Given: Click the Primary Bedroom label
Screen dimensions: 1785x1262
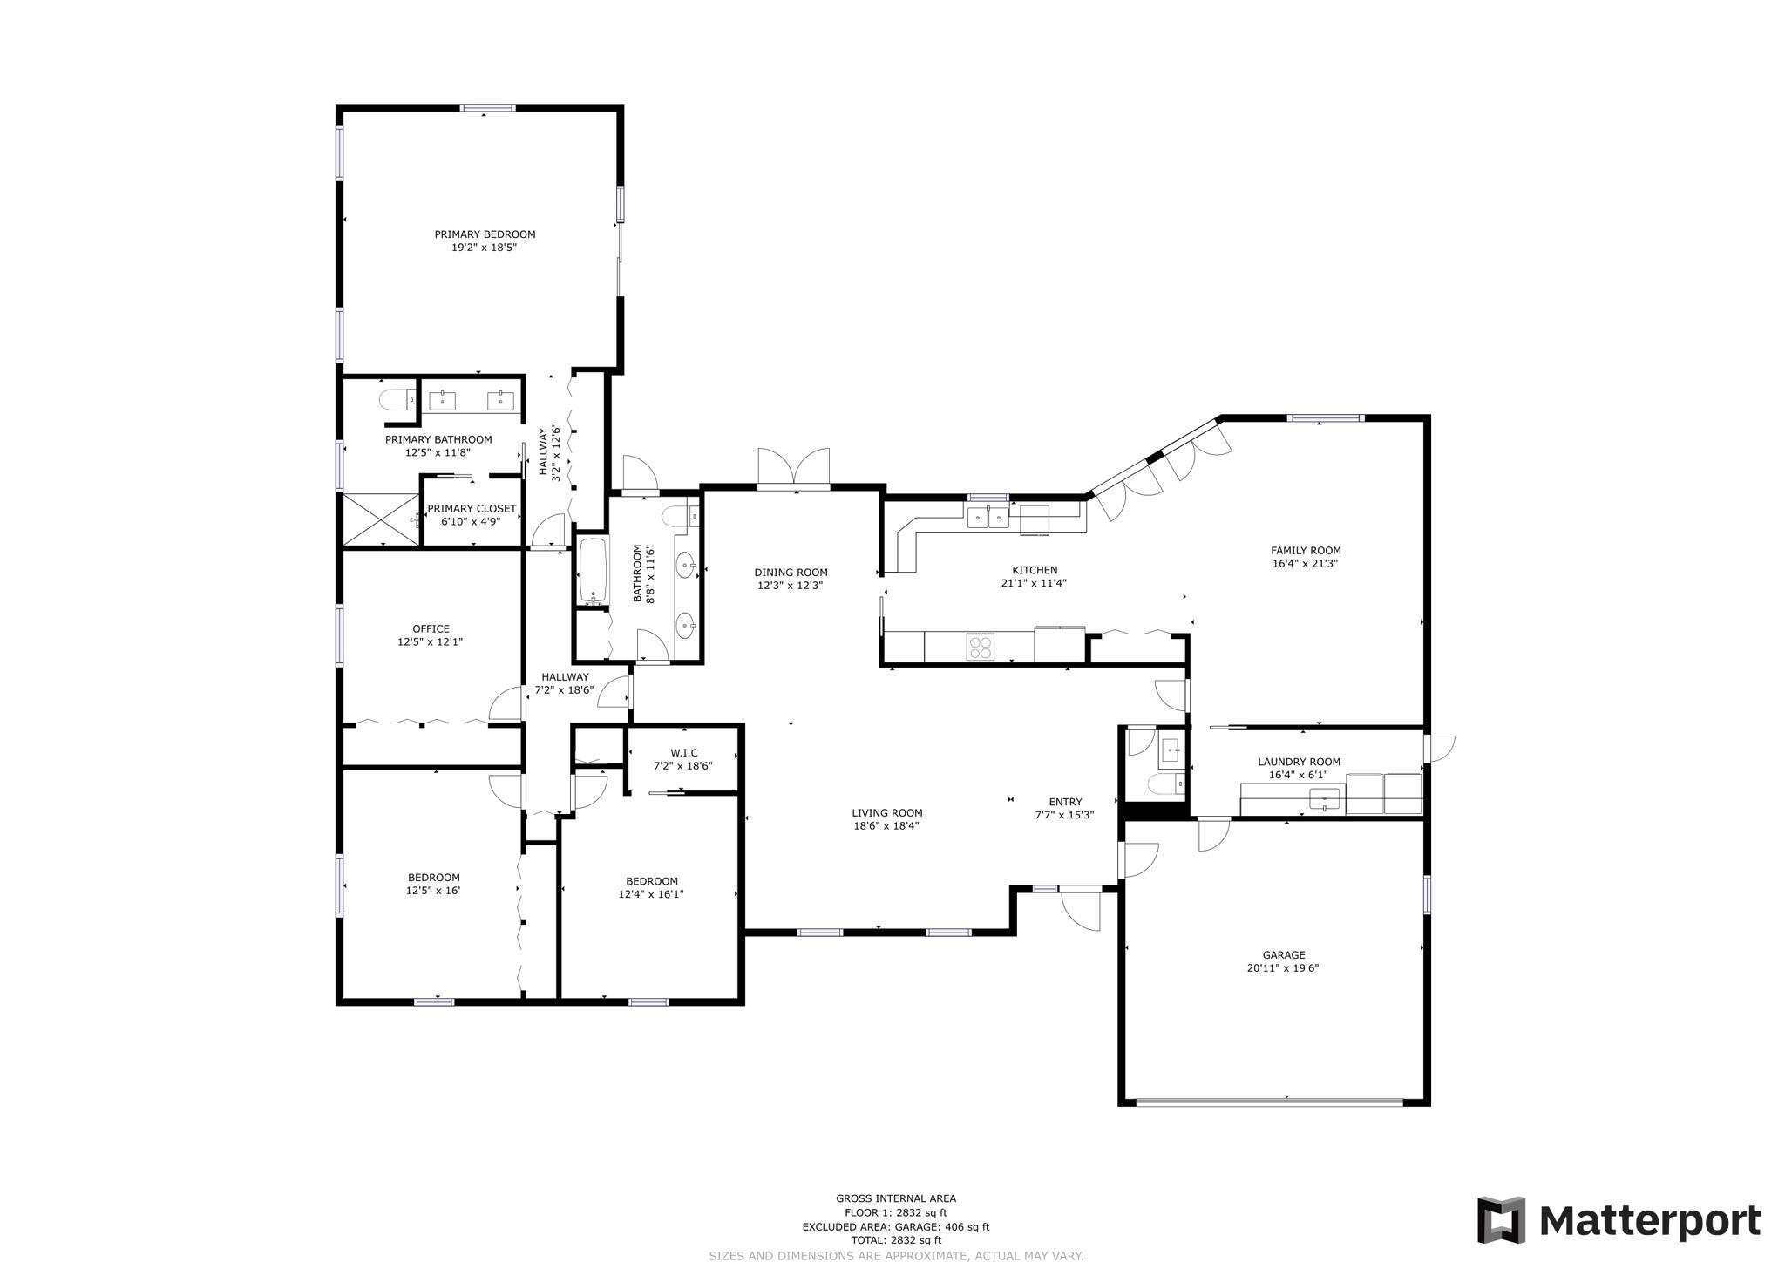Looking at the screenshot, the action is pos(485,234).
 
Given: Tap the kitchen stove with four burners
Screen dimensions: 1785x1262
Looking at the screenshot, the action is pos(980,647).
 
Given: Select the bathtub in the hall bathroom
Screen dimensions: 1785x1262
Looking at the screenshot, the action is pos(594,571).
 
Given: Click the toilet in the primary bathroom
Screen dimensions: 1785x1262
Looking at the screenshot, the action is pos(397,400).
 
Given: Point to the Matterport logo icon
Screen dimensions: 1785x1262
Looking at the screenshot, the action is pos(1501,1220).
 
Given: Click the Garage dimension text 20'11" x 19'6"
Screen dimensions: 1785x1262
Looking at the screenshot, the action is pos(1283,968).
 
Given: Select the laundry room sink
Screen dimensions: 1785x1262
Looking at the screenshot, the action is pos(1325,797).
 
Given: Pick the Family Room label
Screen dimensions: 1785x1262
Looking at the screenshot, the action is pos(1306,550).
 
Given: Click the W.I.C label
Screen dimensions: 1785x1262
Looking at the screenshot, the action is pos(684,753).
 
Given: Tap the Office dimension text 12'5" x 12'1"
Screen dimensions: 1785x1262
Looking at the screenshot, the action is pos(430,642).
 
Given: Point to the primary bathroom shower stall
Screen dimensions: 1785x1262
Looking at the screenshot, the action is pos(381,520).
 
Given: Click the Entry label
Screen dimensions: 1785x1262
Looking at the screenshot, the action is pos(1065,802).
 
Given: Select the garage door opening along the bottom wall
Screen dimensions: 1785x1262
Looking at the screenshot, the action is pos(1270,1102).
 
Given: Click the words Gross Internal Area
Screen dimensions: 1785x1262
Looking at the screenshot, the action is pos(896,1198).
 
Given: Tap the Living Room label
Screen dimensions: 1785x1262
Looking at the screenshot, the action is pos(887,813).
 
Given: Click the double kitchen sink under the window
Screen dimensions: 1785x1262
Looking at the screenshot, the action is pos(988,518).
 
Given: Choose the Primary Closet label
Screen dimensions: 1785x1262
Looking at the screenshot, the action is pos(472,508).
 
